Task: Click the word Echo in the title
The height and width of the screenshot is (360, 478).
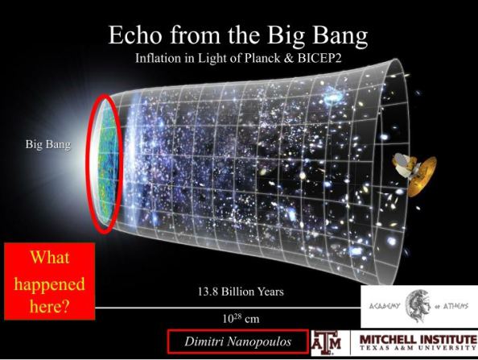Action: (x=134, y=35)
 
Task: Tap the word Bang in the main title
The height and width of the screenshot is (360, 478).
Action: (x=340, y=37)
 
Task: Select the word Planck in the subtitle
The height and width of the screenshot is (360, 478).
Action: (x=259, y=58)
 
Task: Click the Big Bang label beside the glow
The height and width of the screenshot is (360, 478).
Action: (x=47, y=144)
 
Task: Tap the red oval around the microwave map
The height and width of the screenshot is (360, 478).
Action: (x=88, y=165)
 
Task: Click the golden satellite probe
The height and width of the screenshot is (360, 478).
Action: (x=415, y=174)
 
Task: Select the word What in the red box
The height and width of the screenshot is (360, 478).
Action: (x=50, y=258)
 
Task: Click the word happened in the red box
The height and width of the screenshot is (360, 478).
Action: (x=49, y=285)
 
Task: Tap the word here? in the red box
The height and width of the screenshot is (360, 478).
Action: (x=49, y=306)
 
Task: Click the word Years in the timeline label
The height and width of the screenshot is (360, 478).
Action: (x=270, y=292)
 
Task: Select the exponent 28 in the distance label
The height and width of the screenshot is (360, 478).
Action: (x=237, y=317)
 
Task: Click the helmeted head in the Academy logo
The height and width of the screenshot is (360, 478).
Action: (x=418, y=306)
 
